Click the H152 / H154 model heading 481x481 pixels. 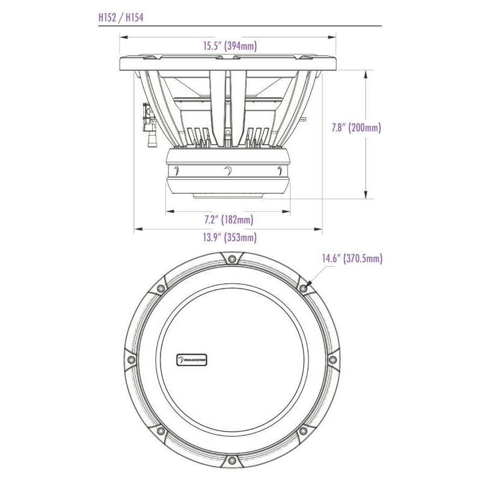pos(120,17)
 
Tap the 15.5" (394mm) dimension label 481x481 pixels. pos(228,45)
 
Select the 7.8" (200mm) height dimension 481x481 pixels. pos(357,127)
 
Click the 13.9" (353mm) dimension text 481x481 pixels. pos(229,237)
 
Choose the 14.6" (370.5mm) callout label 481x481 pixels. pos(352,259)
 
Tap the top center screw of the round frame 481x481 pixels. pos(232,259)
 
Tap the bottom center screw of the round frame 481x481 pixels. pos(232,461)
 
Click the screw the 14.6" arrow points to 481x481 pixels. pos(303,289)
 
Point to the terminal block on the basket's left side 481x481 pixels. pos(146,118)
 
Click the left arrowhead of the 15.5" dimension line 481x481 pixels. pos(122,35)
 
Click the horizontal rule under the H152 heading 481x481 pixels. pos(240,26)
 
